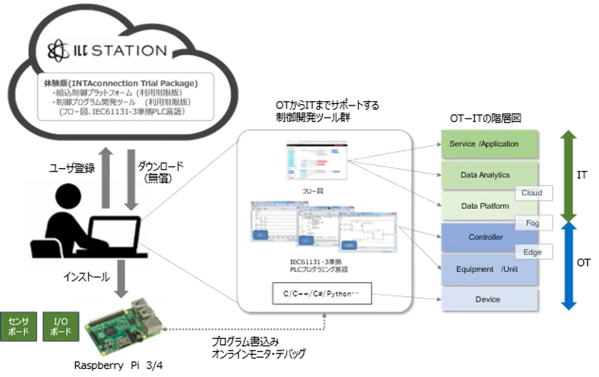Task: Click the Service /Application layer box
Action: point(488,143)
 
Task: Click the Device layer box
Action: point(488,299)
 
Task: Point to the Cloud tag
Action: point(531,193)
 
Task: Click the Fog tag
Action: point(532,223)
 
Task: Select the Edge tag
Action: point(532,252)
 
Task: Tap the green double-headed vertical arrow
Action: point(568,175)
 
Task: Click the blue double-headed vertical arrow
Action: point(568,267)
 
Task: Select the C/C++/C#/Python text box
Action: point(322,294)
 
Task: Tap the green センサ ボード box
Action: point(18,326)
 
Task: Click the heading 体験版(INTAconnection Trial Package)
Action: point(121,83)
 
